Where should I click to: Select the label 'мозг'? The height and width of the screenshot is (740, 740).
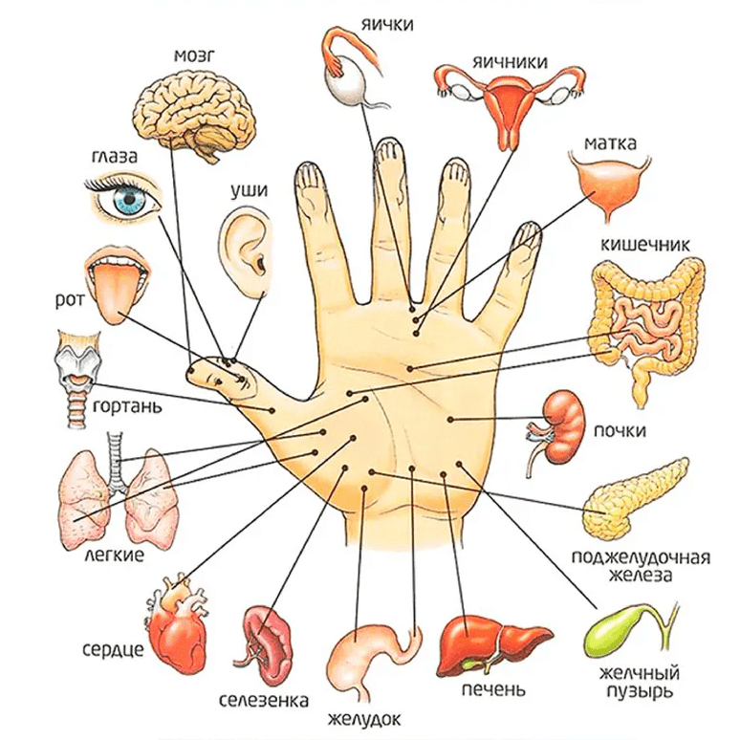194,56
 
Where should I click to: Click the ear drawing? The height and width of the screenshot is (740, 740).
246,252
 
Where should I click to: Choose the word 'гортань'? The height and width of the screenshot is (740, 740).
127,407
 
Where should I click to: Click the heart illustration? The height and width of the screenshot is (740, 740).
177,625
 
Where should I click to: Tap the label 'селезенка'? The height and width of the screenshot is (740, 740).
264,701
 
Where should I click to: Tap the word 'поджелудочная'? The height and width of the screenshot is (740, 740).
641,557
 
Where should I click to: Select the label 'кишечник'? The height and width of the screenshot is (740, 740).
644,245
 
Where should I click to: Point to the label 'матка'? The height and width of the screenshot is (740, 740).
610,142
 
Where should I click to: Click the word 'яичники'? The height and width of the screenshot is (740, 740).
510,62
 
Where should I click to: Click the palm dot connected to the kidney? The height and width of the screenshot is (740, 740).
450,419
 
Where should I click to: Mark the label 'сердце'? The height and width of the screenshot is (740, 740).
113,650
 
